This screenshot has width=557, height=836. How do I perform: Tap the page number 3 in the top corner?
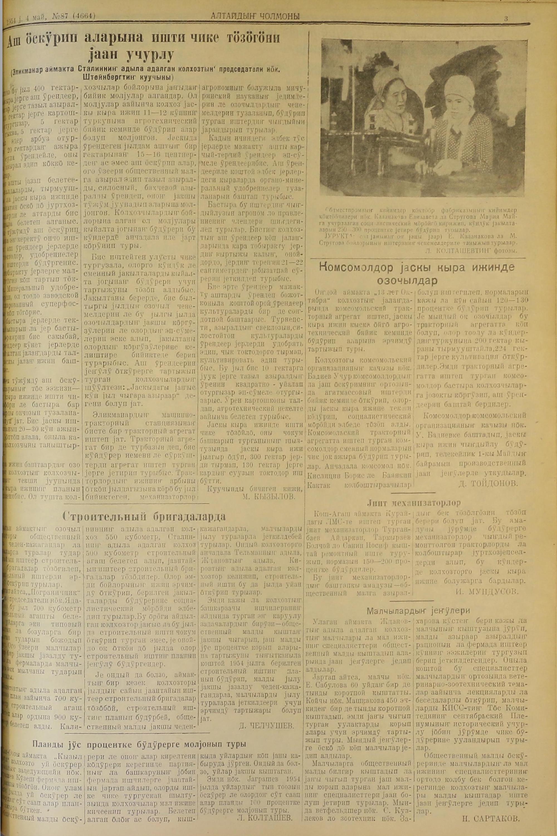click(505, 19)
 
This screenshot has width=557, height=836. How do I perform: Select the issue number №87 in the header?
click(62, 16)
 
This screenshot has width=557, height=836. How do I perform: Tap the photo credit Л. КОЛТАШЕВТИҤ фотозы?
click(470, 250)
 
